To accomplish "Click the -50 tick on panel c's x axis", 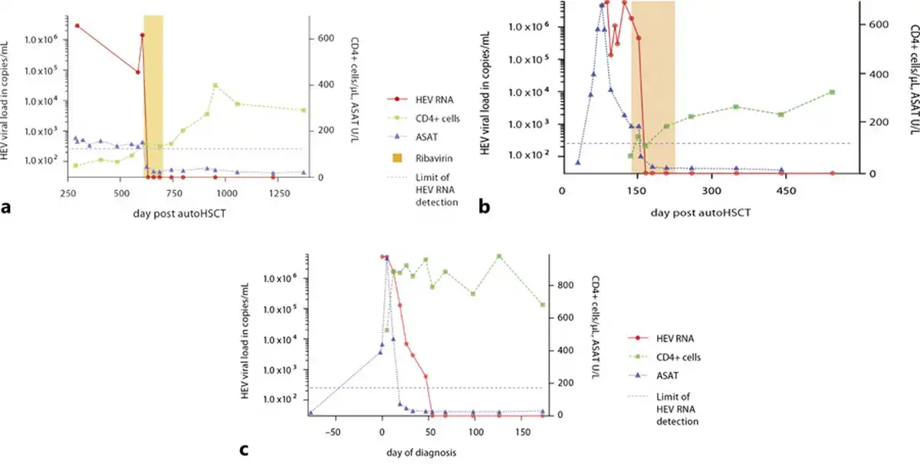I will (333, 431).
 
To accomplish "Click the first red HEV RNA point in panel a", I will (77, 25).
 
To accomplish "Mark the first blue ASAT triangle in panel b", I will (577, 162).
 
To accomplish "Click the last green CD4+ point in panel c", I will (543, 304).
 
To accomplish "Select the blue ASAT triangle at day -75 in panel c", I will (310, 413).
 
